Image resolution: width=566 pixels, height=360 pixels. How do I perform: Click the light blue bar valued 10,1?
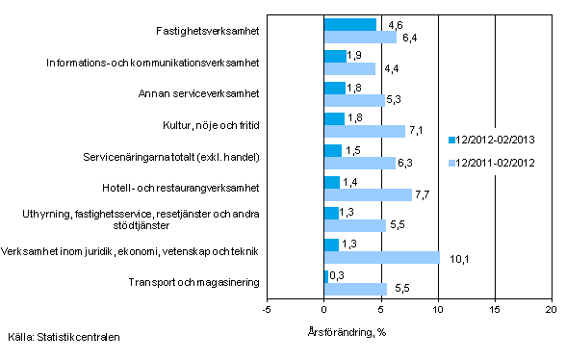(382, 257)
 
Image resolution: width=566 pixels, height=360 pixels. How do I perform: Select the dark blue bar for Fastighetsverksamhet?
(350, 24)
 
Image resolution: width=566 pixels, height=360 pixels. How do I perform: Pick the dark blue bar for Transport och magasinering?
(326, 276)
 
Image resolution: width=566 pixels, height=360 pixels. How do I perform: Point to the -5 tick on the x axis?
(267, 309)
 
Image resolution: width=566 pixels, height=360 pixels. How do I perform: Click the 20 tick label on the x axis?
(552, 309)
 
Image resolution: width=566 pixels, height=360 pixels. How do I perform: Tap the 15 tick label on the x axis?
(495, 309)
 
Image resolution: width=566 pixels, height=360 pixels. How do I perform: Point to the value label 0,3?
(339, 275)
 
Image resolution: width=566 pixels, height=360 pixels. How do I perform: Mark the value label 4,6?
(394, 23)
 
